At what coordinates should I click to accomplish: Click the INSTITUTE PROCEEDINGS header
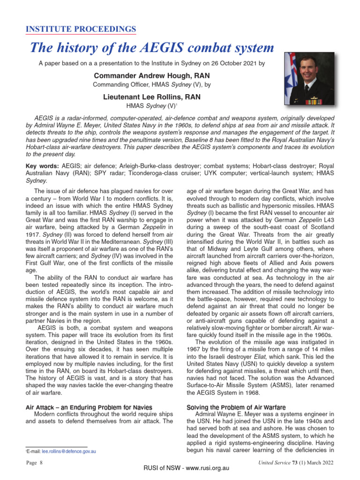point(80,30)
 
